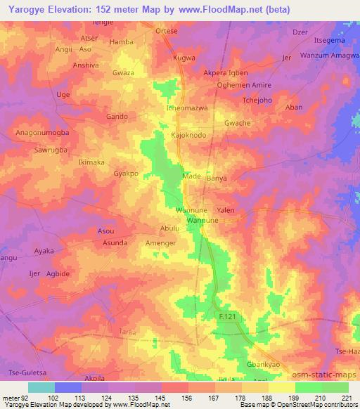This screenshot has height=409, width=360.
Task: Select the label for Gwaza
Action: click(x=123, y=72)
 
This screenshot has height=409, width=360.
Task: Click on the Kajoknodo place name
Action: click(x=188, y=134)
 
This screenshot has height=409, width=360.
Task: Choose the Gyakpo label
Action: click(x=126, y=173)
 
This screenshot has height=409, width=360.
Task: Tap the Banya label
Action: click(x=216, y=178)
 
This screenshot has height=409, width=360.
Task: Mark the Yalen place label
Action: click(x=226, y=210)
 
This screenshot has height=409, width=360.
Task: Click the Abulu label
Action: click(x=170, y=228)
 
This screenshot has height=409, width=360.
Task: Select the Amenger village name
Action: click(x=160, y=242)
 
